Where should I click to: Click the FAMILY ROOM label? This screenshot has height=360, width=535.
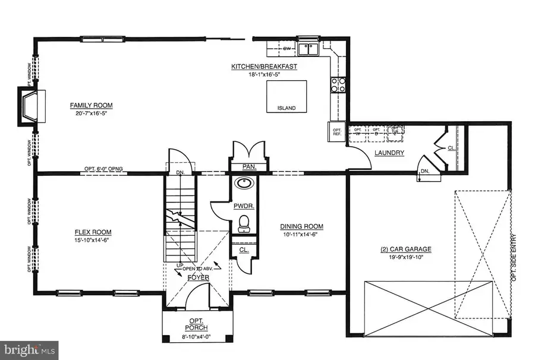91,106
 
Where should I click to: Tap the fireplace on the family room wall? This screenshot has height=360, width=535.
28,107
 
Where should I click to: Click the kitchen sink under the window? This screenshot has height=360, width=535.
308,49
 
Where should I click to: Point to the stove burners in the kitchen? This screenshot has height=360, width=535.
338,86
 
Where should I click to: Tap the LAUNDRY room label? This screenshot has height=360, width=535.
389,153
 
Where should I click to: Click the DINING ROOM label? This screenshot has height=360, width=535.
301,226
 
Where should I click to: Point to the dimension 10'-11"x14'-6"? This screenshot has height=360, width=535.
301,235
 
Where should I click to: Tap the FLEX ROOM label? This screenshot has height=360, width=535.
93,232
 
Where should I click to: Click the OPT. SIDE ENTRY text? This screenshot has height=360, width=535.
515,256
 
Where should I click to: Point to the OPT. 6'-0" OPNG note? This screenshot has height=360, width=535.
104,169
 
